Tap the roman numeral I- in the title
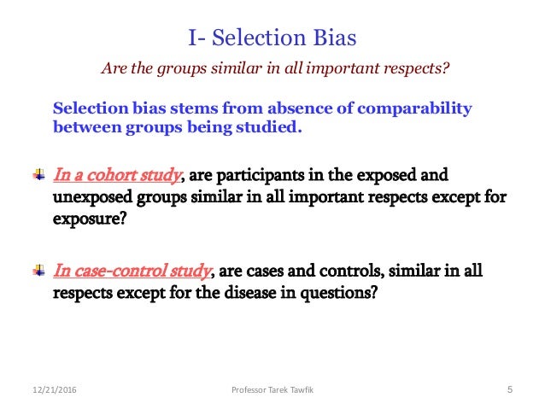196,38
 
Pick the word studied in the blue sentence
273,128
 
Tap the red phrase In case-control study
132,271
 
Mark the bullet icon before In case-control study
38,271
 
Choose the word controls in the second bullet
346,271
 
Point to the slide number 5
509,391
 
